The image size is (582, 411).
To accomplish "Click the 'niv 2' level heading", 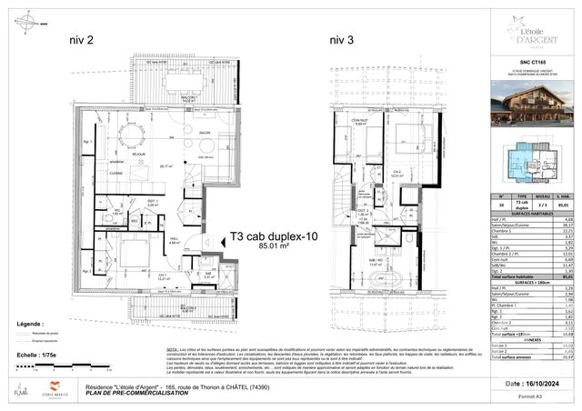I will (86, 39).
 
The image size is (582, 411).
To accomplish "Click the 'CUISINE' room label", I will (115, 171).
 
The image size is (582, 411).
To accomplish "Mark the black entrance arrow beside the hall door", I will (208, 241).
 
